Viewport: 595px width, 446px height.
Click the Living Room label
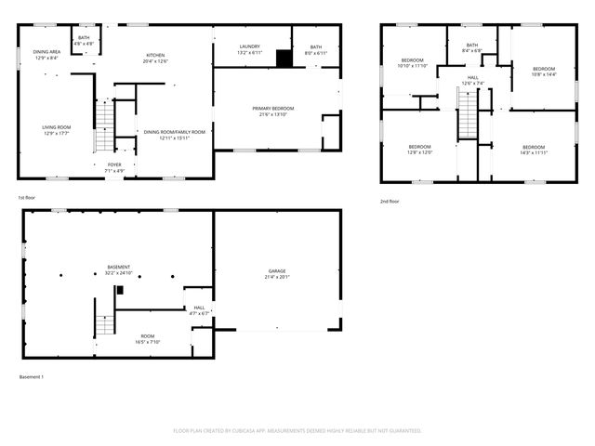pyautogui.click(x=57, y=130)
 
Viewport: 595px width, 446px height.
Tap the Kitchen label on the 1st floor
pyautogui.click(x=155, y=59)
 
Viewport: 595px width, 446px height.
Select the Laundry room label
pyautogui.click(x=249, y=49)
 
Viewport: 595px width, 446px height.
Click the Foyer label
pyautogui.click(x=113, y=167)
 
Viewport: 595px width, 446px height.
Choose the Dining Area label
pyautogui.click(x=46, y=55)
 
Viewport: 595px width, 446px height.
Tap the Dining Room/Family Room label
pyautogui.click(x=174, y=135)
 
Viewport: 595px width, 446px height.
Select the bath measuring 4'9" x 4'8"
pyautogui.click(x=84, y=40)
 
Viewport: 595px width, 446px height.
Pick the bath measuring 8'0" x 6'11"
pyautogui.click(x=316, y=49)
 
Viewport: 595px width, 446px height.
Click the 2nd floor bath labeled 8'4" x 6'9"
pyautogui.click(x=472, y=47)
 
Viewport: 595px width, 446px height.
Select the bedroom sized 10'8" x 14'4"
pyautogui.click(x=544, y=72)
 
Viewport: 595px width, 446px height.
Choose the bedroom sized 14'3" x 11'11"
pyautogui.click(x=534, y=150)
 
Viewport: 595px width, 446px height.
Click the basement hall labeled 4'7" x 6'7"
pyautogui.click(x=199, y=310)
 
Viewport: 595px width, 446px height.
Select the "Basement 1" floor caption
pyautogui.click(x=31, y=376)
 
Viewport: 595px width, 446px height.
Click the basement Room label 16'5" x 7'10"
pyautogui.click(x=148, y=338)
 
